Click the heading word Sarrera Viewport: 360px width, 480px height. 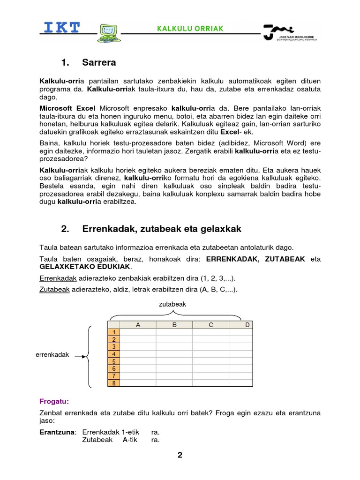[99, 62]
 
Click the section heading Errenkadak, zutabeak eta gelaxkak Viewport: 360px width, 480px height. [161, 229]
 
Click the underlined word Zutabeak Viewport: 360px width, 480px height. [54, 290]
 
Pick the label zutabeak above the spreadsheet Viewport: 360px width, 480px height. [172, 304]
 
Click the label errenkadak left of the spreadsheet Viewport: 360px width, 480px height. [52, 355]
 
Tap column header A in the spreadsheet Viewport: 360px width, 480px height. [138, 325]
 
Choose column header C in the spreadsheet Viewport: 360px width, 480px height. [211, 325]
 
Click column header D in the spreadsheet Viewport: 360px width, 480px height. [247, 325]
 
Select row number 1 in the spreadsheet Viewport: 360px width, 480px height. [114, 332]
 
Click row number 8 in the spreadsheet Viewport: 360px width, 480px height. [114, 383]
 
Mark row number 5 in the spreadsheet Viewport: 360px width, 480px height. [114, 361]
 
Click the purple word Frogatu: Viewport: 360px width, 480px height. [54, 401]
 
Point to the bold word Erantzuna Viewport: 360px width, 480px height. [57, 432]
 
